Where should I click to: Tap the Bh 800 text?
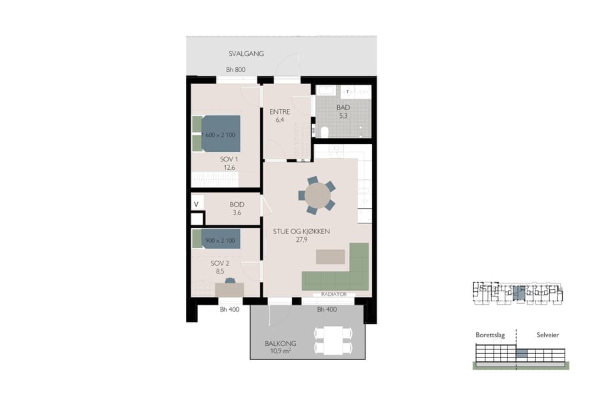pyautogui.click(x=236, y=70)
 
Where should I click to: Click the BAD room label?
pyautogui.click(x=343, y=107)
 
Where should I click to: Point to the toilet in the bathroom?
pyautogui.click(x=327, y=130)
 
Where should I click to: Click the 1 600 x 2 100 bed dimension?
pyautogui.click(x=219, y=135)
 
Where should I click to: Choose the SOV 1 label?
pyautogui.click(x=229, y=160)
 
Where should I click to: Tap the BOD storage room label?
pyautogui.click(x=237, y=205)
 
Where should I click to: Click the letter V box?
pyautogui.click(x=197, y=204)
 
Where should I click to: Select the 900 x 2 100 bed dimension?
pyautogui.click(x=219, y=240)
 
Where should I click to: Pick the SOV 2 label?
pyautogui.click(x=219, y=263)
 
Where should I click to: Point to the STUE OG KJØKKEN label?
pyautogui.click(x=302, y=231)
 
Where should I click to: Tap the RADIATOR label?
pyautogui.click(x=332, y=294)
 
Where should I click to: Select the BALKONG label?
pyautogui.click(x=280, y=343)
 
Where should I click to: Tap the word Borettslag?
pyautogui.click(x=490, y=335)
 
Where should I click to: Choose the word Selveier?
pyautogui.click(x=543, y=335)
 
